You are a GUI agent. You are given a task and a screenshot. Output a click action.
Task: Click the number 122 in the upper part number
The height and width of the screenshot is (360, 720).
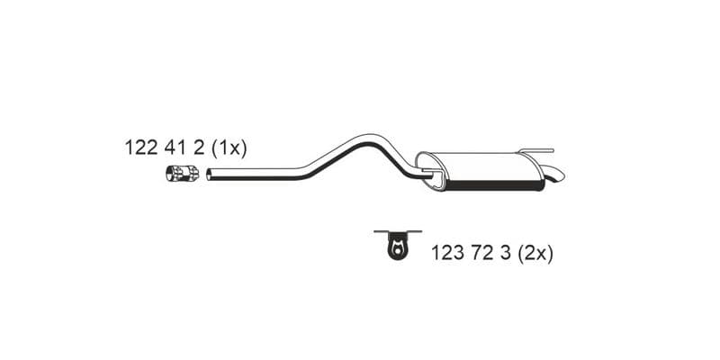[141, 148]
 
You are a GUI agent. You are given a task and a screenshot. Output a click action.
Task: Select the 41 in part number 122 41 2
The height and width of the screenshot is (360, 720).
[175, 148]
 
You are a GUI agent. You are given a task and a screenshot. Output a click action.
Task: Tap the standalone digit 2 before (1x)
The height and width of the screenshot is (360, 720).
[198, 148]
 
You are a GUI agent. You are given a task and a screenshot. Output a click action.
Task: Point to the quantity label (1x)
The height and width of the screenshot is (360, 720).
[229, 148]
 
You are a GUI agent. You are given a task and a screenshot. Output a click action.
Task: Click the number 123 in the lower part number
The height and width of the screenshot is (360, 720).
[447, 253]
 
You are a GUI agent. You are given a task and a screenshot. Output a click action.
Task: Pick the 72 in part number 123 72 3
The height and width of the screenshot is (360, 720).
[481, 253]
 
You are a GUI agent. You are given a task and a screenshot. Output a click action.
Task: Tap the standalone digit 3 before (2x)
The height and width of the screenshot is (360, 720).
[505, 253]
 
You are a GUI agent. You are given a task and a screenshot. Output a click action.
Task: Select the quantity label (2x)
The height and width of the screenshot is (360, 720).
[535, 254]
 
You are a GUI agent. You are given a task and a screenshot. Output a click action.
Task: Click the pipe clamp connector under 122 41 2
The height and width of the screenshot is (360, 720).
[183, 173]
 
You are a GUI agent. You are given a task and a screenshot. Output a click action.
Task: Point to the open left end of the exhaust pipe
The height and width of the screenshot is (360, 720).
[209, 175]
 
